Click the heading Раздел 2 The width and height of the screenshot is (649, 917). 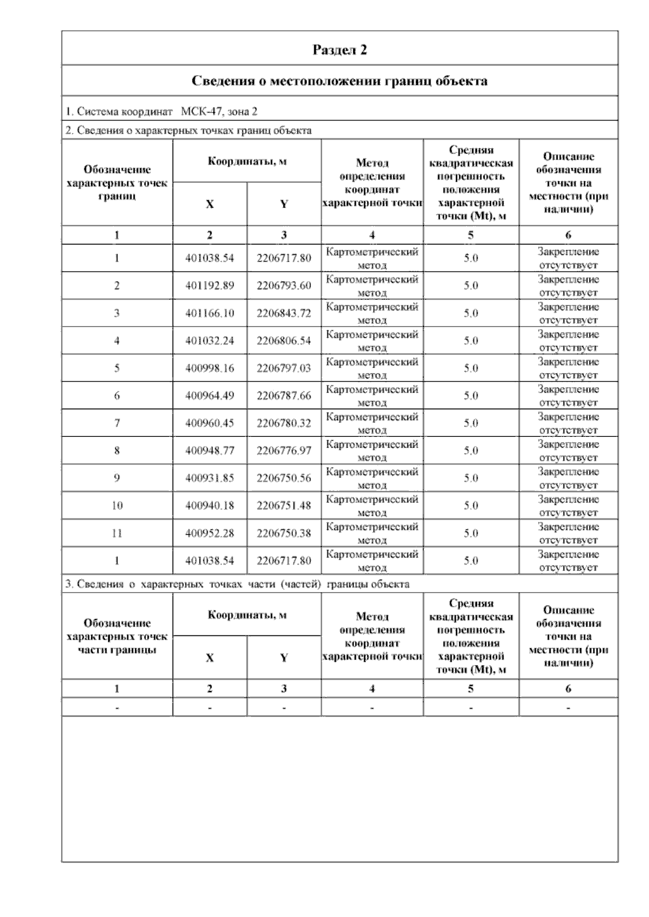340,50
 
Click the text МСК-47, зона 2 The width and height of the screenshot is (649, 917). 219,112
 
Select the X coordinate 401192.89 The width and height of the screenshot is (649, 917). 209,285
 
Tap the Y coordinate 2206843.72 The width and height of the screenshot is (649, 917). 284,313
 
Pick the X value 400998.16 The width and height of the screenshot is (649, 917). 209,368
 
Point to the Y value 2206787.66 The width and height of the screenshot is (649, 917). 284,396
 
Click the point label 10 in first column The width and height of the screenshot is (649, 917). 117,506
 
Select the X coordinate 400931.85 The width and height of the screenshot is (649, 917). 209,478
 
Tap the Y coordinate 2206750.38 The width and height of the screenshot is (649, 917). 284,533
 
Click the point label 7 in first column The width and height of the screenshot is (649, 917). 117,423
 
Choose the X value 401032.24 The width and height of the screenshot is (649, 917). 209,341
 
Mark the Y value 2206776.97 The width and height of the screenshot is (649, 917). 284,450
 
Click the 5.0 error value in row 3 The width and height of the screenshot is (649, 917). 471,313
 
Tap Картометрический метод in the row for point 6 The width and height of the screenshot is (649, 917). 372,396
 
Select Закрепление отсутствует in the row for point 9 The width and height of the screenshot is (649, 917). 568,478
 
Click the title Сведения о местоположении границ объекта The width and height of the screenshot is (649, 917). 340,81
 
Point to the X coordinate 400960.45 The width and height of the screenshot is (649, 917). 209,423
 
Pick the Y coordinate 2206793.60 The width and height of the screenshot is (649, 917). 284,285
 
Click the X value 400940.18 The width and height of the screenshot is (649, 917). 209,506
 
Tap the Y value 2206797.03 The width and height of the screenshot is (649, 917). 284,368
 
